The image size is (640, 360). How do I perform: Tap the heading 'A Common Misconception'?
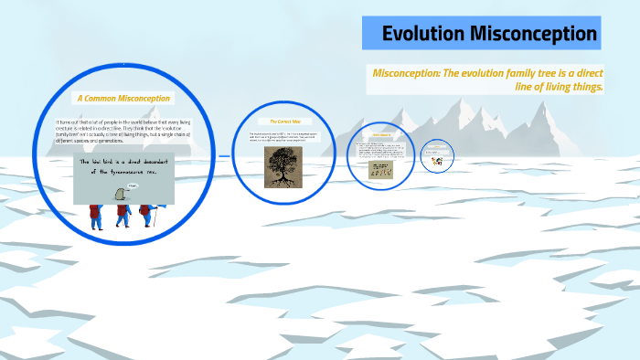(x=123, y=98)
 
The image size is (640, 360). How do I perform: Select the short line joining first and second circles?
(x=224, y=155)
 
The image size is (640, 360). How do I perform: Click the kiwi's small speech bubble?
(x=133, y=185)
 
